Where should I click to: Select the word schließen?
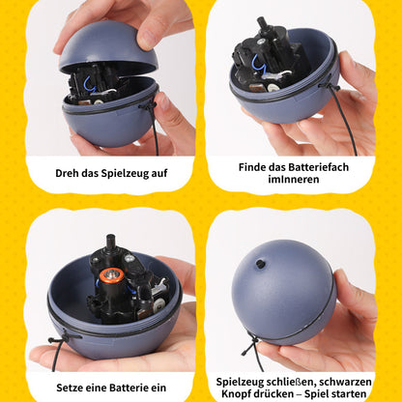click(288, 381)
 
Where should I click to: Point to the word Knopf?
click(237, 394)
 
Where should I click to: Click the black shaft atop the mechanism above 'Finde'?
click(263, 23)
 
